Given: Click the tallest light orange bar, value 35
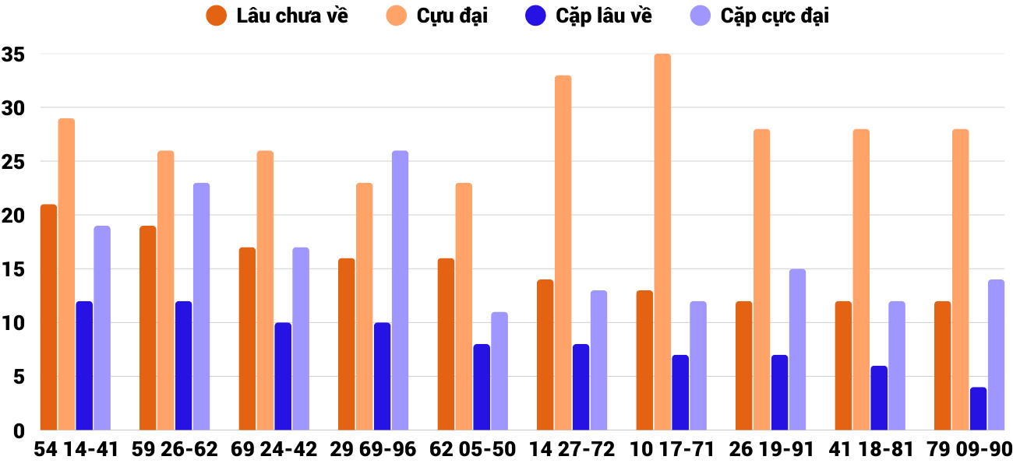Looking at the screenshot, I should pos(662,241).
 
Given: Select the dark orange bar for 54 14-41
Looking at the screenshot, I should pos(48,317).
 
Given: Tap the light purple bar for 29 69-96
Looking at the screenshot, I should pos(400,290).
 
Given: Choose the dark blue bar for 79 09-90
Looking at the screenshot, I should pos(979,409).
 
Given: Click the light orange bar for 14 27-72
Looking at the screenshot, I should pos(563,252).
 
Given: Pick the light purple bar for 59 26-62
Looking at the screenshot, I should pos(201,306).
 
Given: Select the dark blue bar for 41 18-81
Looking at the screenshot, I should pos(879,398).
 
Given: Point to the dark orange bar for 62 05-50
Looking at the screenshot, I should pos(446,344).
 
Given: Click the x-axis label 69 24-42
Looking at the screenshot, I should pos(274,450).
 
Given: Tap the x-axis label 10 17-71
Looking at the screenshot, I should pos(672,450).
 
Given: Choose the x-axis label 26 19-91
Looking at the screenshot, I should pos(771,450).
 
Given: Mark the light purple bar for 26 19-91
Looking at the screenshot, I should pos(797,349).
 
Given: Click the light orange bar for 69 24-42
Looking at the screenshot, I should pos(265,290).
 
